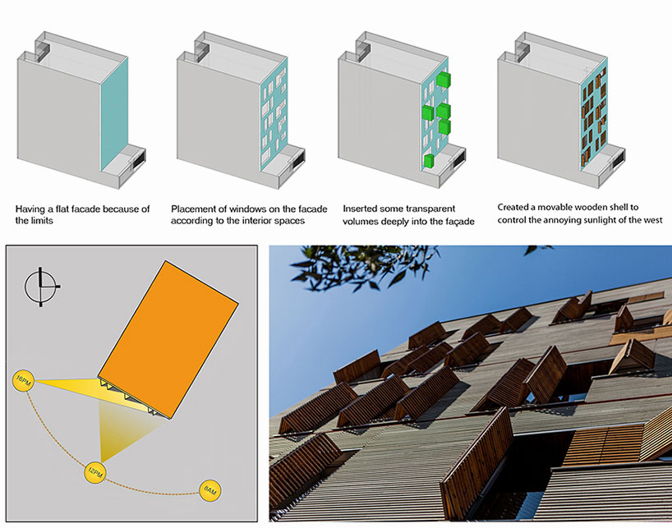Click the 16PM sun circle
[x=21, y=379]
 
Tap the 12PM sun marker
[x=94, y=471]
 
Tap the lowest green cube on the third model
[x=429, y=161]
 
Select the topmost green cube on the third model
[x=444, y=80]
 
